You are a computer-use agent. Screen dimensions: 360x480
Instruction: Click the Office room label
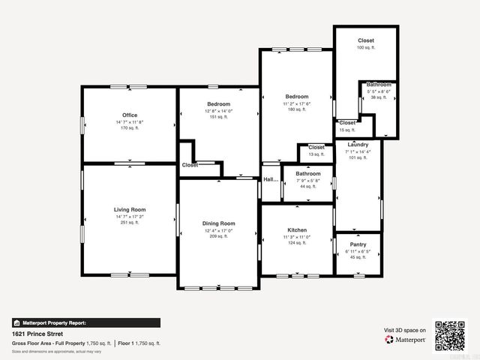pyautogui.click(x=129, y=115)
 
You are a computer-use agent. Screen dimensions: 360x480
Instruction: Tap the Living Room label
pyautogui.click(x=129, y=210)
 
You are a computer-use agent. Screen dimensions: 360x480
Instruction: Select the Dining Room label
pyautogui.click(x=218, y=223)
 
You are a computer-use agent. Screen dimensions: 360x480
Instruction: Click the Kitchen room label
pyautogui.click(x=297, y=230)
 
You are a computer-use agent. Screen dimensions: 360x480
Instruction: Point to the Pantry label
pyautogui.click(x=358, y=244)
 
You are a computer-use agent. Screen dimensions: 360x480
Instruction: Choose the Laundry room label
pyautogui.click(x=358, y=145)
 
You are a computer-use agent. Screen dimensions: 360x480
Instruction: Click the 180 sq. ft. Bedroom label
pyautogui.click(x=296, y=97)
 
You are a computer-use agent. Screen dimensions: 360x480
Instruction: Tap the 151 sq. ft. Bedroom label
pyautogui.click(x=218, y=103)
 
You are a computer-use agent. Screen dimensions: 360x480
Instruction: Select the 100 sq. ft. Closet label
pyautogui.click(x=365, y=40)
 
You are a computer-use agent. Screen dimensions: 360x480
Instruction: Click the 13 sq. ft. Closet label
pyautogui.click(x=316, y=148)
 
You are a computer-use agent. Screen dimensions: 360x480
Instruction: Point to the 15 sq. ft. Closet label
pyautogui.click(x=347, y=123)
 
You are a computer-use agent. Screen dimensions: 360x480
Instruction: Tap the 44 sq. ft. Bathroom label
pyautogui.click(x=307, y=174)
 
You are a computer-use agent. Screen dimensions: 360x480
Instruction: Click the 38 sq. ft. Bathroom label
pyautogui.click(x=379, y=85)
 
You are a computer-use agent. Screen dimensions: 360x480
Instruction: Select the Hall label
pyautogui.click(x=270, y=179)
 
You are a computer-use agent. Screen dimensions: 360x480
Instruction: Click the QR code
pyautogui.click(x=450, y=335)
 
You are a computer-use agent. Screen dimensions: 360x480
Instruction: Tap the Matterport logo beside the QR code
pyautogui.click(x=405, y=340)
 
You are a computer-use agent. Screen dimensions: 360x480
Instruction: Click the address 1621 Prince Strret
pyautogui.click(x=38, y=333)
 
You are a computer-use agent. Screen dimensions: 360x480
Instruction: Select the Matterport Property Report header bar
pyautogui.click(x=85, y=322)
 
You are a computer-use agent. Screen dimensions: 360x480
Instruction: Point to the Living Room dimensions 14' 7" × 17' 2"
pyautogui.click(x=129, y=217)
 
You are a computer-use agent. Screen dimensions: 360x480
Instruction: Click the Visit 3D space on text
pyautogui.click(x=405, y=330)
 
